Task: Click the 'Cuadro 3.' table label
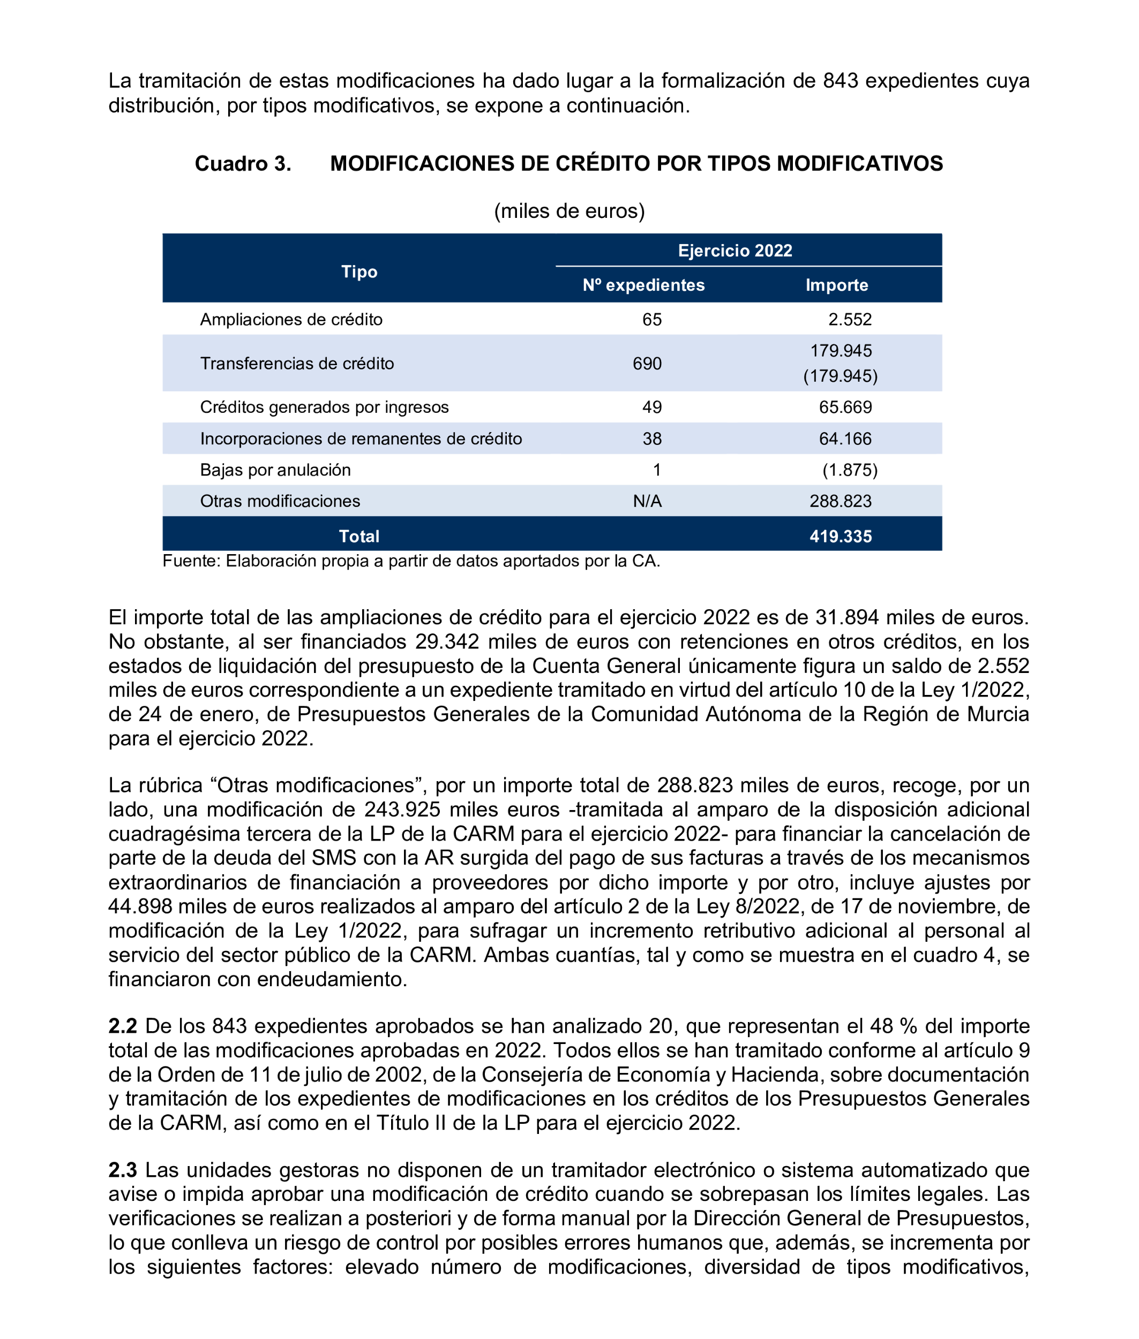click(243, 164)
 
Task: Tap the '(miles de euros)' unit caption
click(569, 211)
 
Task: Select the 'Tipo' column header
click(359, 271)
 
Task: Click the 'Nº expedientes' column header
click(643, 285)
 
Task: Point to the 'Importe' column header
click(836, 285)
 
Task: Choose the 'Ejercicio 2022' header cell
click(735, 251)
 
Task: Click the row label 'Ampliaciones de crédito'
click(291, 320)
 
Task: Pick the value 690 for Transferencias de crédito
click(647, 364)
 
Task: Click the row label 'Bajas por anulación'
click(275, 470)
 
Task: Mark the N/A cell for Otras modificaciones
click(647, 502)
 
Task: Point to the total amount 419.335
click(840, 536)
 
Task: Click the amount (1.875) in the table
click(849, 470)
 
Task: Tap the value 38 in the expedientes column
click(651, 439)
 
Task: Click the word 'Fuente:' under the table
click(191, 561)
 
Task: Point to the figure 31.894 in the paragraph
click(846, 617)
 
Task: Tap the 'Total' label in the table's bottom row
click(359, 536)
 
